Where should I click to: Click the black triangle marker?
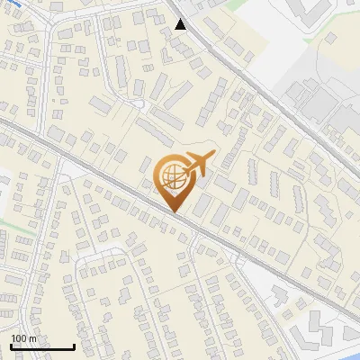(x=181, y=24)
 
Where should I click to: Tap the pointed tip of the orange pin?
(x=175, y=212)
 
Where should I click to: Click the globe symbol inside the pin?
(x=172, y=178)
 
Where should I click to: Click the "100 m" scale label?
(x=24, y=338)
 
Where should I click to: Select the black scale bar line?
(x=42, y=347)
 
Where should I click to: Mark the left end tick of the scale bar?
(x=12, y=346)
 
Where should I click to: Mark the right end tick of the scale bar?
(x=73, y=346)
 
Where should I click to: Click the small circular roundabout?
(x=139, y=104)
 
